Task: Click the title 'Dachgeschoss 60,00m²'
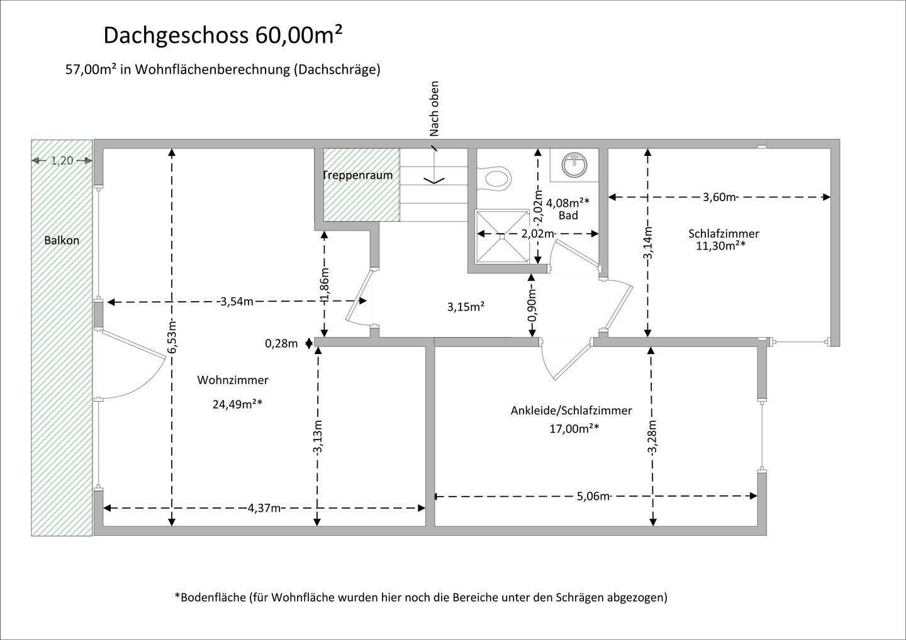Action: (223, 36)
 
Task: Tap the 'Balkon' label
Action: (62, 240)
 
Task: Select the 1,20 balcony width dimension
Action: (62, 160)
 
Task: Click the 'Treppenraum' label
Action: (357, 175)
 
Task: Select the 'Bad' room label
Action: (568, 216)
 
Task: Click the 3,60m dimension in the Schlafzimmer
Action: (719, 197)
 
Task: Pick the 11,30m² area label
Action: (720, 246)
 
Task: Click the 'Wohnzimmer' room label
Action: (233, 380)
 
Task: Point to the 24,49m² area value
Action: (237, 404)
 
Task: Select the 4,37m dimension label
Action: (264, 508)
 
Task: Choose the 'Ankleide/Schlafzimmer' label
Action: (571, 411)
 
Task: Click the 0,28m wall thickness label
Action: (281, 343)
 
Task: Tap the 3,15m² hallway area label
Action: (466, 307)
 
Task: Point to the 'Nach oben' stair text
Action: (435, 109)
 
